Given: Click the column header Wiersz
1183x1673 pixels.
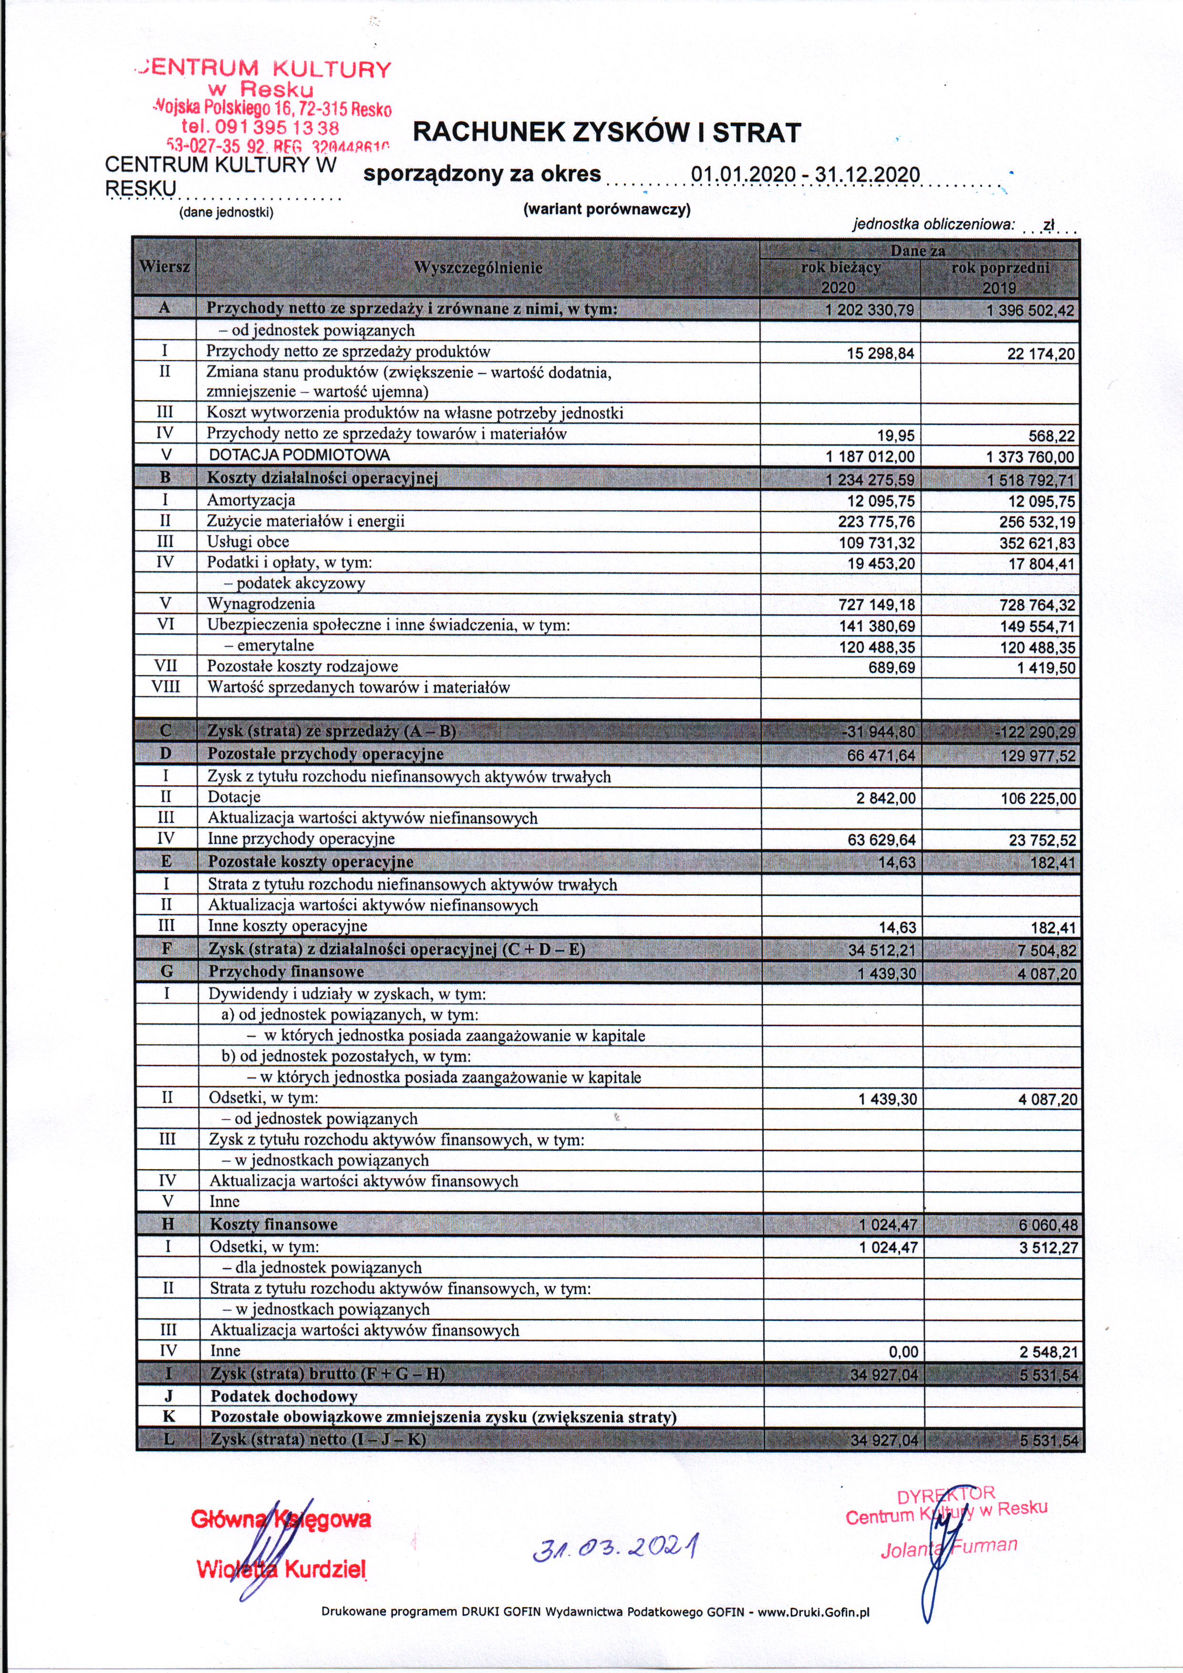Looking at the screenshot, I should [x=165, y=267].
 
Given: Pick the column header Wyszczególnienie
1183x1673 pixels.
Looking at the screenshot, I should [x=478, y=268].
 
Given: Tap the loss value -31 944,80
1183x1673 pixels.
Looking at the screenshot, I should [x=877, y=732].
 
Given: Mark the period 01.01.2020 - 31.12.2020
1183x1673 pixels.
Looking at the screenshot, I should [x=805, y=175].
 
